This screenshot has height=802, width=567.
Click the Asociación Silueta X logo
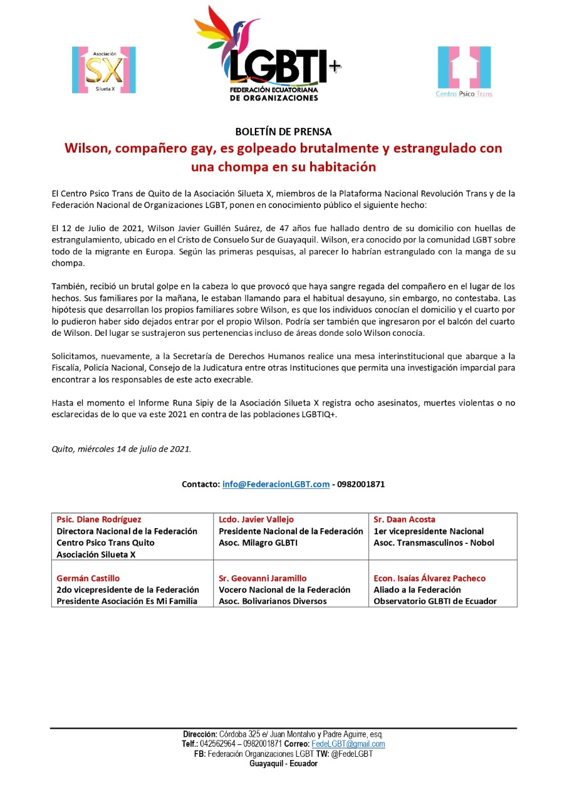point(104,70)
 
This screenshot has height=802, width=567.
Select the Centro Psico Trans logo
point(464,71)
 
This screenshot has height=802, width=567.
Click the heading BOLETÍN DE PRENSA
point(283,132)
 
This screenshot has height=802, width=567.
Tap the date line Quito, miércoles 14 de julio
point(122,449)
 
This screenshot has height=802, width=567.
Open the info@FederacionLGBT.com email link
point(276,484)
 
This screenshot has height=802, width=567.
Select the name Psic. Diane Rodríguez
point(99,519)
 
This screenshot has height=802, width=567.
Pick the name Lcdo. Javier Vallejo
point(256,519)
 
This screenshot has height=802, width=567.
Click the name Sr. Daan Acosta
point(404,519)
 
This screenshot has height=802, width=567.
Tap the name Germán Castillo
point(88,578)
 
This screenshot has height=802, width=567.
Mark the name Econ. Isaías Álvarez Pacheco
point(430,578)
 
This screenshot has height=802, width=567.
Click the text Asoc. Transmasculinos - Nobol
point(434,543)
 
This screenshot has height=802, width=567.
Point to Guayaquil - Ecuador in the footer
point(283,764)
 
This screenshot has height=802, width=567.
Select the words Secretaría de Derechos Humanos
point(229,357)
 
